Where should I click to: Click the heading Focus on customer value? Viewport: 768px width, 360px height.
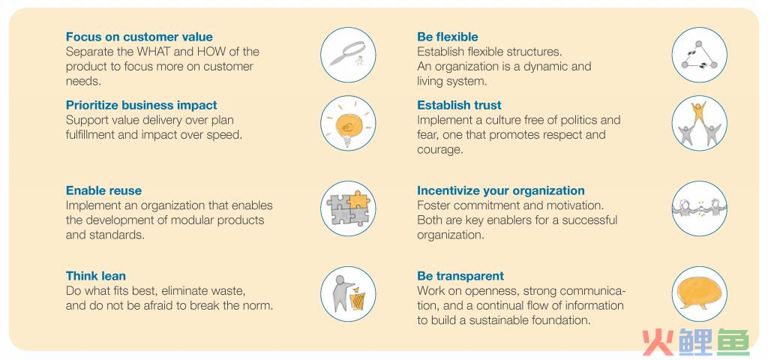click(139, 37)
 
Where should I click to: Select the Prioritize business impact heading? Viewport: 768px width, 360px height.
click(141, 105)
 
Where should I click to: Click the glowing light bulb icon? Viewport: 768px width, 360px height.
click(348, 125)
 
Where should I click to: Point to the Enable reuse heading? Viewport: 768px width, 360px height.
click(103, 190)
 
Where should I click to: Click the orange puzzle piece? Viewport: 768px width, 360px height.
click(357, 199)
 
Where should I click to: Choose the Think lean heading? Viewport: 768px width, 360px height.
click(95, 276)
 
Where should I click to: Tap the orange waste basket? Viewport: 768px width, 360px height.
click(358, 300)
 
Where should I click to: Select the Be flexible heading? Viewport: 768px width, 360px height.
click(447, 37)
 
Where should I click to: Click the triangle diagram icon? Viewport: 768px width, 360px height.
click(699, 55)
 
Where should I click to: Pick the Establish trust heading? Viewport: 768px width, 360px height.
click(459, 105)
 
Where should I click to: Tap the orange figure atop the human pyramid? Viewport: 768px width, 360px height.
click(698, 112)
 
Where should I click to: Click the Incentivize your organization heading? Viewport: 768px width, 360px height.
click(500, 190)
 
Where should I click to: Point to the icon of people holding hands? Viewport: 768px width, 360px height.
click(699, 208)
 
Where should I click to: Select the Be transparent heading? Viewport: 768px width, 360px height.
click(460, 276)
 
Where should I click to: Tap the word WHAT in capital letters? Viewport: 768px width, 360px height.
click(151, 52)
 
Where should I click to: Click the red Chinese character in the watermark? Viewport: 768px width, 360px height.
click(658, 341)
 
